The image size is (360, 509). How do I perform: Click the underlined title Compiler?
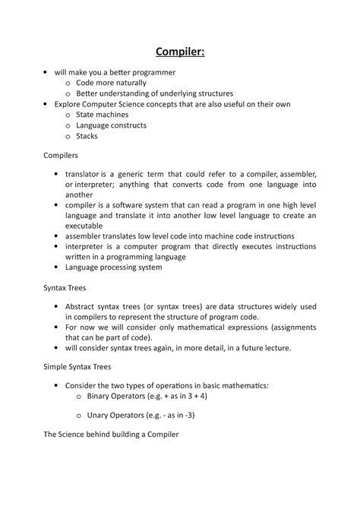pyautogui.click(x=179, y=52)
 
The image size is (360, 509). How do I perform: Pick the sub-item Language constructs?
pyautogui.click(x=111, y=125)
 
